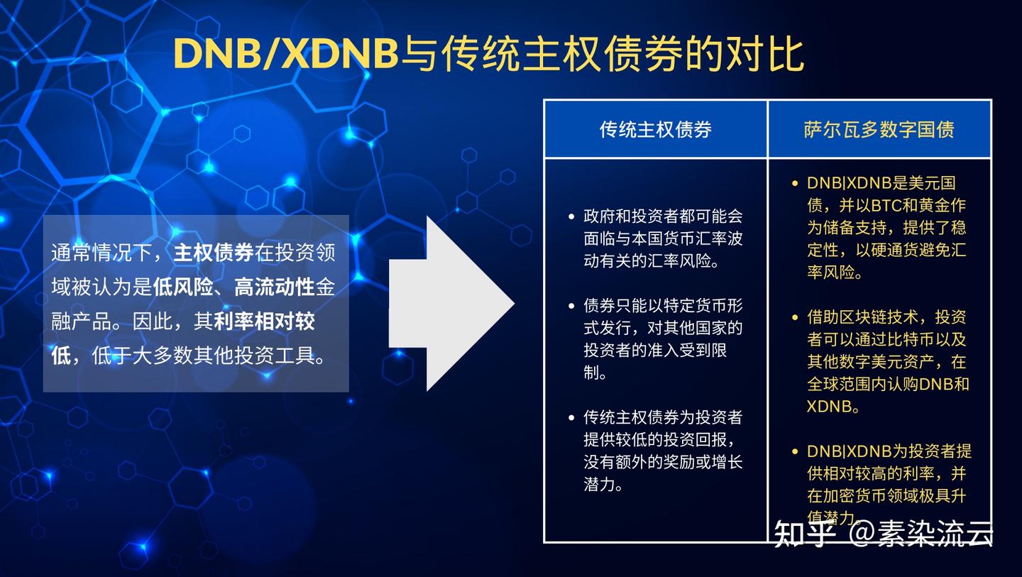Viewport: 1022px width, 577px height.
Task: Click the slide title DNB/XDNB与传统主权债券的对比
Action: [x=488, y=54]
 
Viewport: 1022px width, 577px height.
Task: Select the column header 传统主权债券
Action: [x=655, y=129]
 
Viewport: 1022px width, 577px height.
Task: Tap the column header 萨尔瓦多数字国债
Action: [x=879, y=129]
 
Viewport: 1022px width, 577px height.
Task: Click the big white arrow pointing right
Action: [x=451, y=304]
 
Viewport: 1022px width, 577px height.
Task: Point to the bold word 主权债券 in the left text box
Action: [x=214, y=253]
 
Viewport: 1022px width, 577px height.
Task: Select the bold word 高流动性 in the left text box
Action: [x=275, y=287]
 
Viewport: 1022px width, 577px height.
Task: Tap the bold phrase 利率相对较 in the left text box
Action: [x=264, y=322]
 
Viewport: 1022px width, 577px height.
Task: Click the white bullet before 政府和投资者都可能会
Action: [x=571, y=216]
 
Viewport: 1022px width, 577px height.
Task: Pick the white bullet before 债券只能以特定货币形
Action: [x=571, y=306]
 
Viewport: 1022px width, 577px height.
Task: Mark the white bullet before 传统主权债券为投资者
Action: [x=571, y=417]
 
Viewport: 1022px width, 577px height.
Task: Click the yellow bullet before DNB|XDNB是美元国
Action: [x=795, y=183]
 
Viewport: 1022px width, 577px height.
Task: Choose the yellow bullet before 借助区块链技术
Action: [x=795, y=317]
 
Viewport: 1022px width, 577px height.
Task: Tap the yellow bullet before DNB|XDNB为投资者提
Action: [x=795, y=451]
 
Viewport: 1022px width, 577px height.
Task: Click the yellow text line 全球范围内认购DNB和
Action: [x=888, y=384]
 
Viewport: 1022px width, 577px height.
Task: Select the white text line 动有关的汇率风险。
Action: [x=652, y=261]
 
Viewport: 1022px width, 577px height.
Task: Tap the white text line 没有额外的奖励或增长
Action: [x=663, y=463]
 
